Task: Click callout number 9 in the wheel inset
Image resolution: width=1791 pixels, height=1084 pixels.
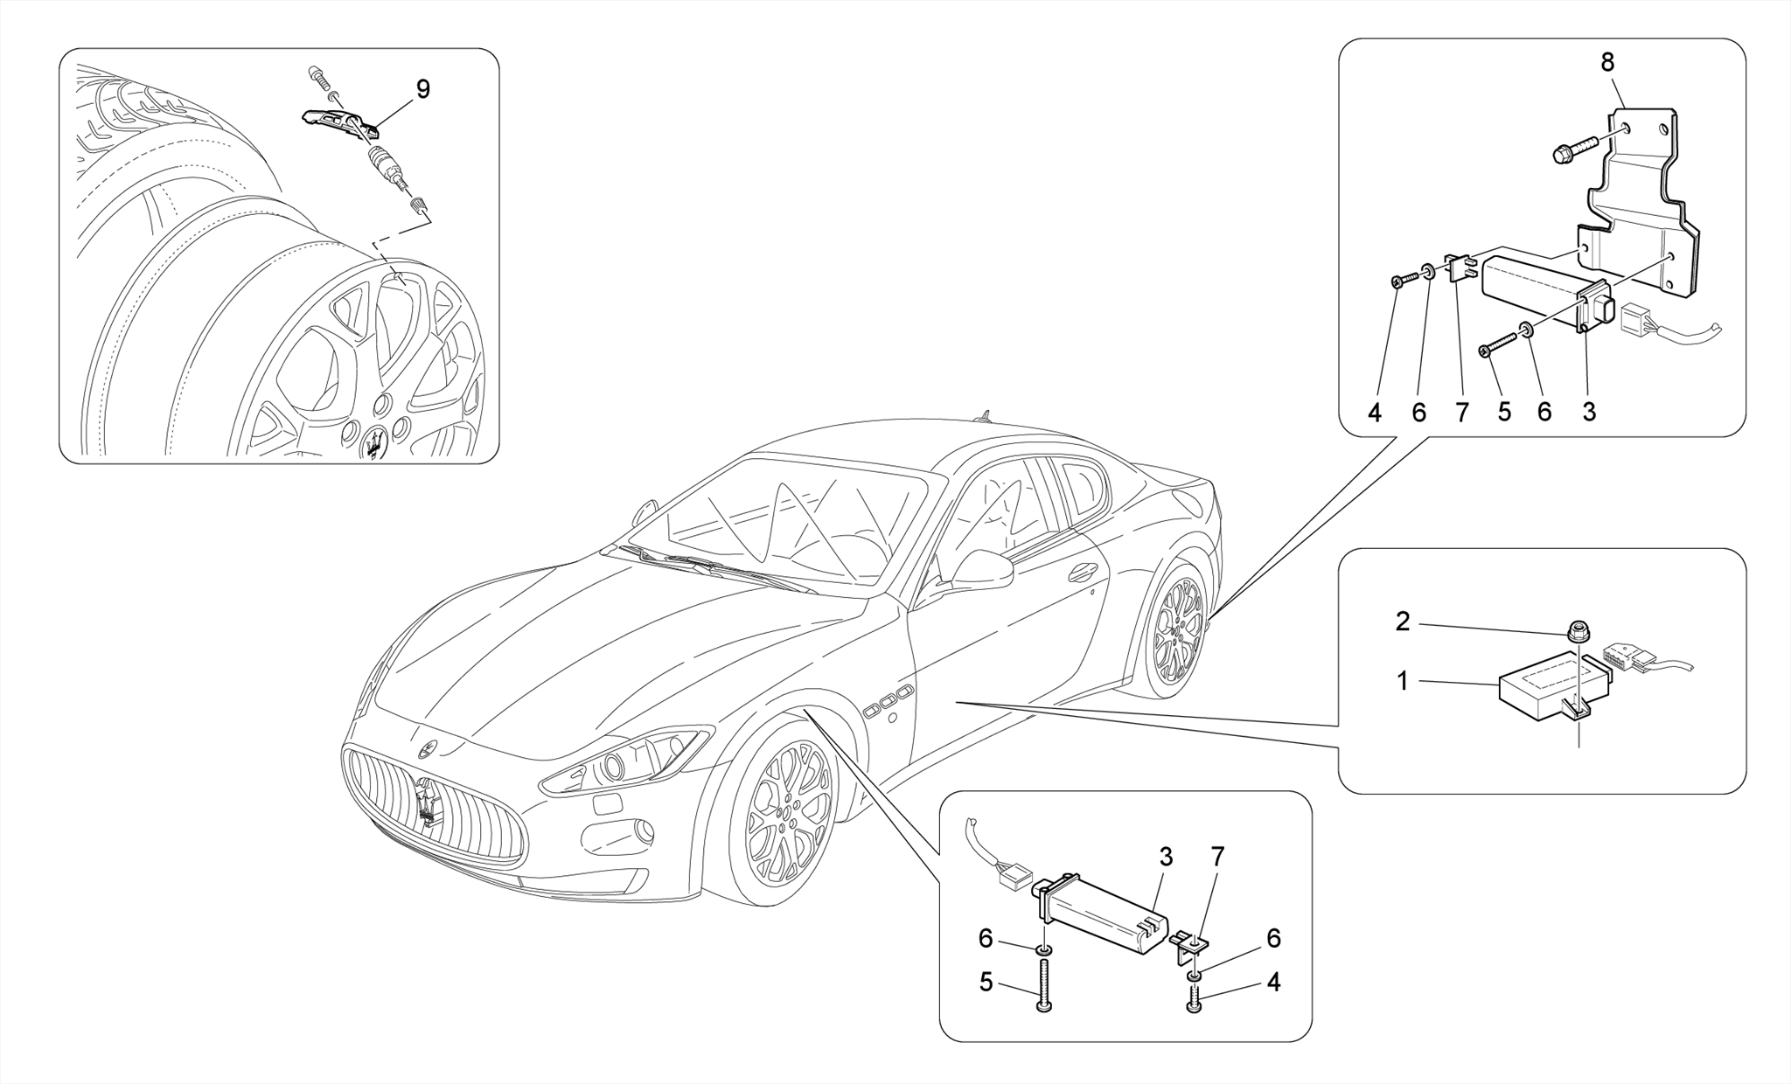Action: (x=422, y=89)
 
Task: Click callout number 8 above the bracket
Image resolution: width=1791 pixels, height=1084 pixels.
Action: (x=1607, y=62)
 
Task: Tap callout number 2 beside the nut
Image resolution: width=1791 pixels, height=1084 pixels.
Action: (x=1403, y=622)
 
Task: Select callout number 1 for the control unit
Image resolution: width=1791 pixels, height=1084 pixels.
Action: (x=1403, y=681)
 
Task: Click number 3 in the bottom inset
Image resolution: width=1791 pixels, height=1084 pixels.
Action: (x=1166, y=858)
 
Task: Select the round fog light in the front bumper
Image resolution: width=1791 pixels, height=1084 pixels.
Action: (x=644, y=830)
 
